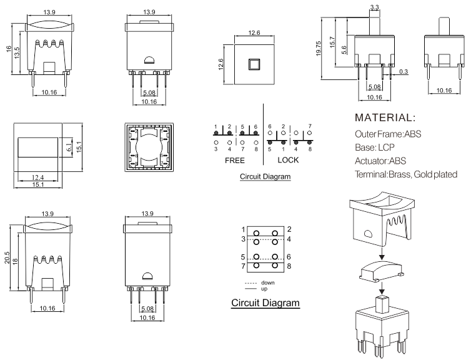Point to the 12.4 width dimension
pos(36,177)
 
